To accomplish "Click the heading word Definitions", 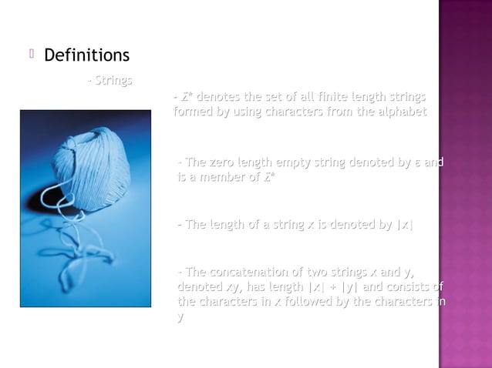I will (86, 56).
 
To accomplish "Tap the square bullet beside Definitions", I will (32, 55).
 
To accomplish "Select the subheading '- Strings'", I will (110, 80).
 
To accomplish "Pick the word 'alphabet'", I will (402, 112).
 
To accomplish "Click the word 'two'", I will (316, 273).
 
